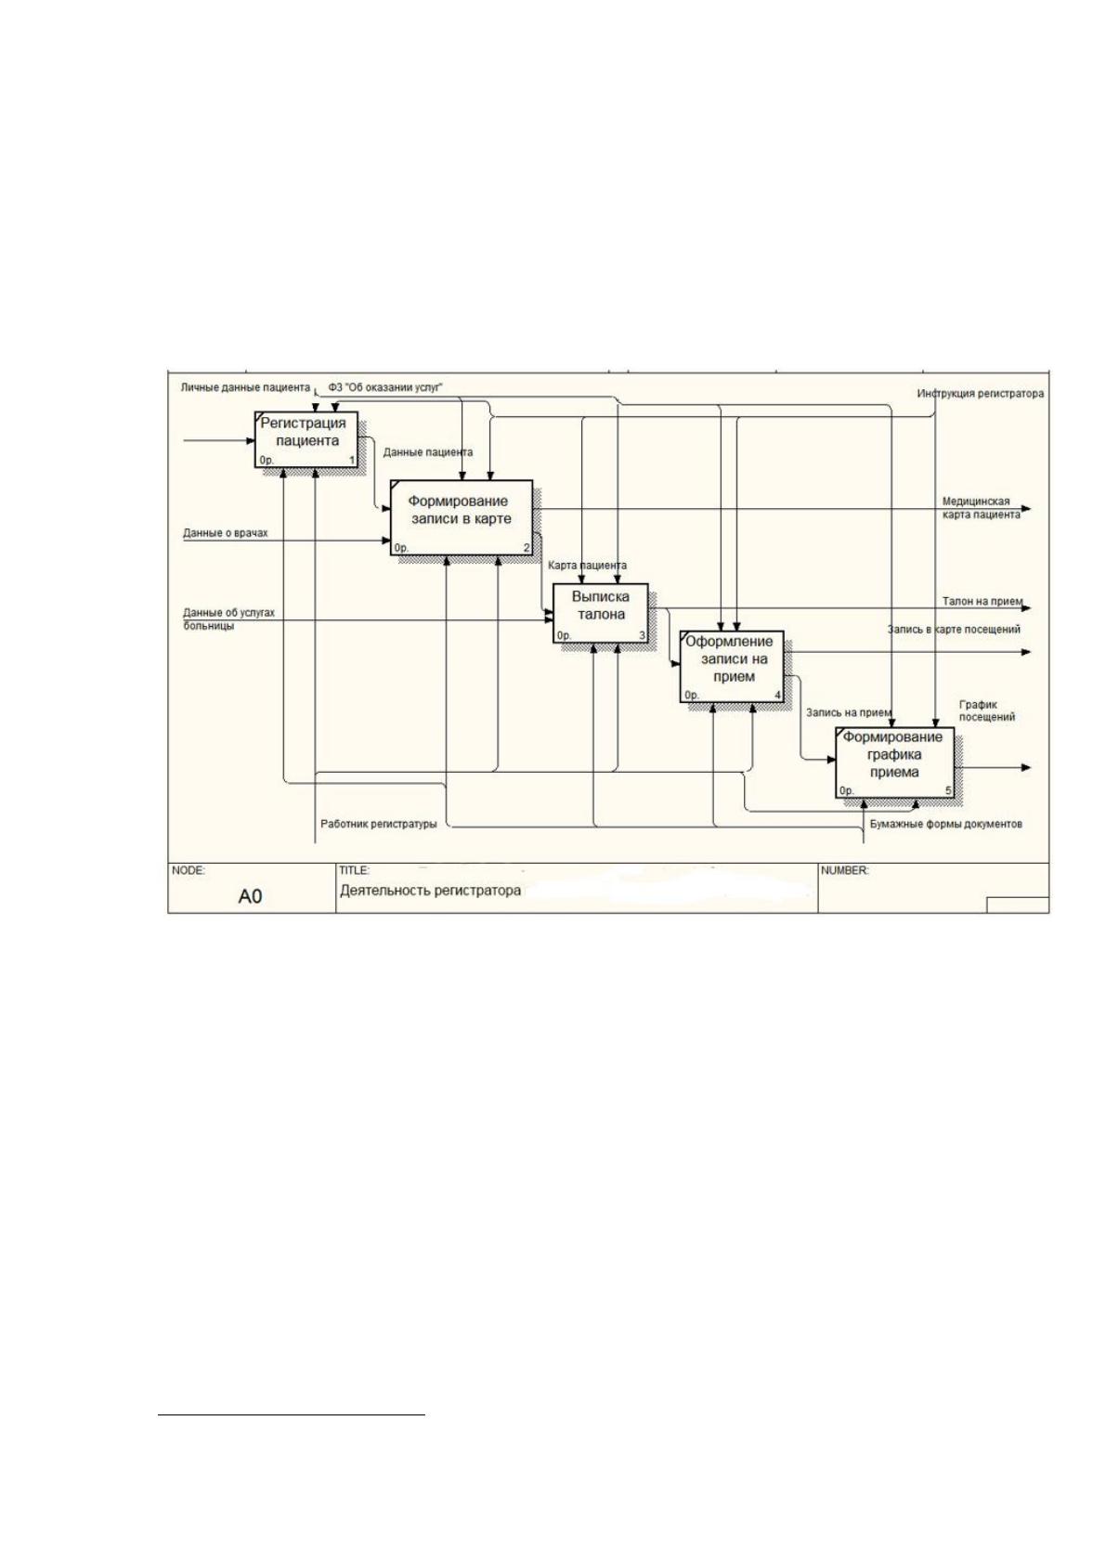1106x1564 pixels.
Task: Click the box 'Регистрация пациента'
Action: [306, 439]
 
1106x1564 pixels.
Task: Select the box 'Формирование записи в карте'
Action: [461, 517]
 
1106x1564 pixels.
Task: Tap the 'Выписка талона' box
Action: [601, 613]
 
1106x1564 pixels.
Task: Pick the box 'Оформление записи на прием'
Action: [732, 667]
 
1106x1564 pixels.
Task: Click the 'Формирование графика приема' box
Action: [894, 762]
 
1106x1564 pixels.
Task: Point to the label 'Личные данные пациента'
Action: [245, 386]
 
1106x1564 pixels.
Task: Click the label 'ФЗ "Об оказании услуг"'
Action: [386, 386]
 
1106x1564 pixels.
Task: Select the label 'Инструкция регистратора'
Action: [981, 394]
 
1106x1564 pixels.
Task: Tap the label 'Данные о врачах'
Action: [226, 533]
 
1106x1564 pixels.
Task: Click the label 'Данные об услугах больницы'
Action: [229, 619]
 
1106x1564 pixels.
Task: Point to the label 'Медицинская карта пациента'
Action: [981, 508]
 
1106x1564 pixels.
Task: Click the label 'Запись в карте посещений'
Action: [954, 629]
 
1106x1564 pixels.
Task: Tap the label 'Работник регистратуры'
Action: [379, 824]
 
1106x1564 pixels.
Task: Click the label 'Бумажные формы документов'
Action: [946, 824]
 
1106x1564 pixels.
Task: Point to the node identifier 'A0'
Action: [250, 896]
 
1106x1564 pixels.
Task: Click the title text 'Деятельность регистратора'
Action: [430, 891]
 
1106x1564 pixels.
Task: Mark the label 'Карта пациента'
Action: [587, 565]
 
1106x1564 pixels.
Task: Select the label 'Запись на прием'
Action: [849, 713]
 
